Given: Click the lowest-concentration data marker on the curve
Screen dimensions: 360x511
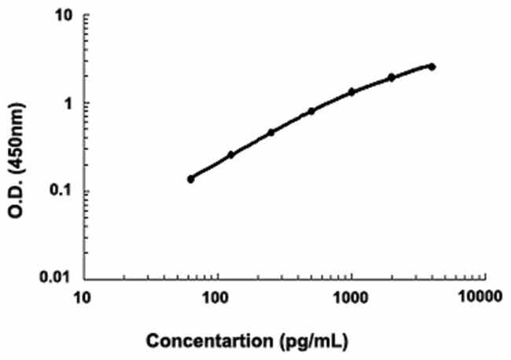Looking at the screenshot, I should (190, 178).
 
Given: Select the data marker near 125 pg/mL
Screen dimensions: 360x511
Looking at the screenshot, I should (231, 155).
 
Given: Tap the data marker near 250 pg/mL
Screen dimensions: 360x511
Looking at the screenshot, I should (271, 132).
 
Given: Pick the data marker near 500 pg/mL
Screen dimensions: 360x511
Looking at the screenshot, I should (311, 111).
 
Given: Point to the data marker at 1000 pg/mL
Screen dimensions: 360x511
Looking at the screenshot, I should (351, 91).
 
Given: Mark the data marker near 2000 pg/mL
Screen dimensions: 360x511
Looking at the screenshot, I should (392, 77).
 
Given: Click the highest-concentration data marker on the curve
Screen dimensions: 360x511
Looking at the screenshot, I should (432, 67).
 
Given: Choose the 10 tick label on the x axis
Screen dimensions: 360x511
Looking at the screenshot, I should (81, 298).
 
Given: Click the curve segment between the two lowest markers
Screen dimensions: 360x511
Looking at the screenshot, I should (211, 167).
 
